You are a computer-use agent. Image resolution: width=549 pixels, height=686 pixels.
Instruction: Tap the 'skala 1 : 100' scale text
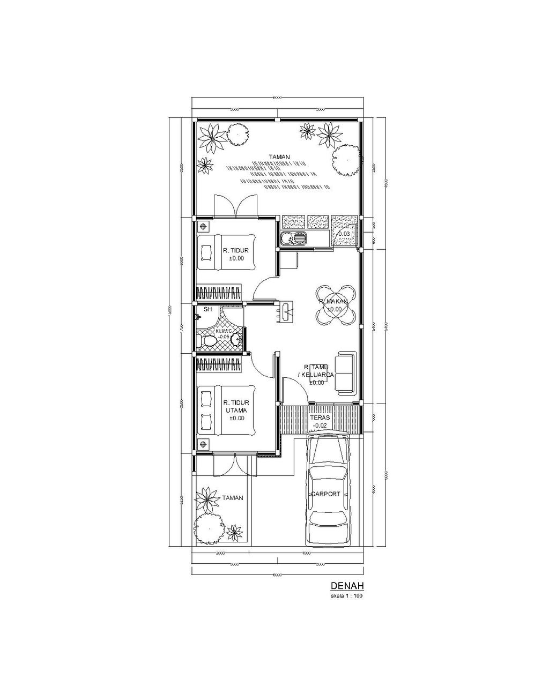[x=347, y=595]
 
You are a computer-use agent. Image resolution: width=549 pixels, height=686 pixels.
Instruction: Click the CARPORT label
[x=326, y=494]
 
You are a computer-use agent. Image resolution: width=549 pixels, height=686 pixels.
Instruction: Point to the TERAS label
[x=319, y=416]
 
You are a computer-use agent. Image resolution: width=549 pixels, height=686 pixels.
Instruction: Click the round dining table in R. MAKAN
[x=335, y=305]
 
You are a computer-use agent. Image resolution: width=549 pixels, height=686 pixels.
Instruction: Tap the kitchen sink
[x=293, y=238]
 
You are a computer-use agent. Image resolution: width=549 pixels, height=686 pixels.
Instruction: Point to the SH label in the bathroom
[x=207, y=309]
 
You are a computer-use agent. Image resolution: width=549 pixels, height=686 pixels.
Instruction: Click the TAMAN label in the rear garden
[x=279, y=157]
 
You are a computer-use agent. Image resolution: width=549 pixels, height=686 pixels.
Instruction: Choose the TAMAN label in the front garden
[x=233, y=498]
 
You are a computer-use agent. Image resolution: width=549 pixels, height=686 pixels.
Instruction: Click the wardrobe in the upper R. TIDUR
[x=218, y=293]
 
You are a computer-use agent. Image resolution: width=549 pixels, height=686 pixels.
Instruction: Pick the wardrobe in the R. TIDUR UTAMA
[x=218, y=364]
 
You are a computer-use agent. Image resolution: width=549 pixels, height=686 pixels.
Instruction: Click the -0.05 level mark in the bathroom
[x=222, y=337]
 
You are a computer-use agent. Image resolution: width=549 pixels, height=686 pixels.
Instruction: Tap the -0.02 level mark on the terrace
[x=320, y=426]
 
